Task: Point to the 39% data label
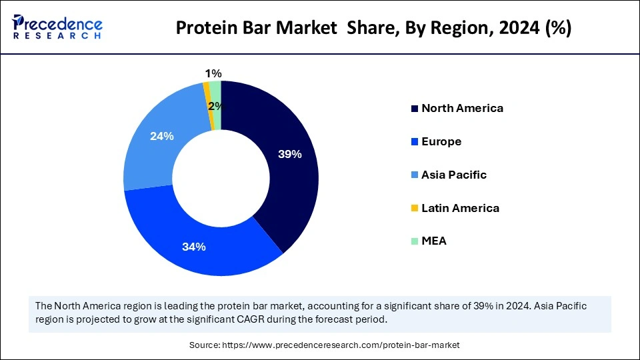click(290, 155)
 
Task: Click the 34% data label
click(194, 247)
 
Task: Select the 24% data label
click(162, 136)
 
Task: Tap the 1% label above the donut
click(213, 73)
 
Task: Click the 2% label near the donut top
click(215, 106)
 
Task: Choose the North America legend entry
click(462, 108)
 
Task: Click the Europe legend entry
click(441, 141)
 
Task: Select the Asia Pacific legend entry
click(454, 175)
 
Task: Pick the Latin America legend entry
click(460, 208)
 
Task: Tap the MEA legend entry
click(434, 241)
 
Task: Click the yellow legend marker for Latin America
click(415, 209)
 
